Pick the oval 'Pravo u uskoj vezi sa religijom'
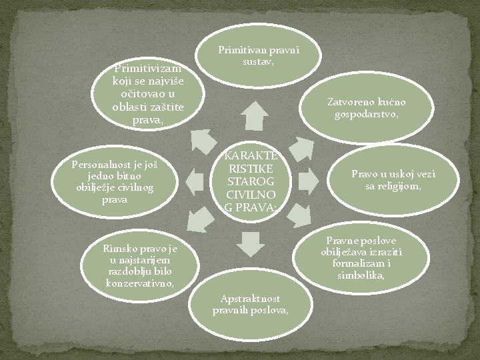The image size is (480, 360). click(393, 179)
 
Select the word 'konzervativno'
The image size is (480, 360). click(140, 283)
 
